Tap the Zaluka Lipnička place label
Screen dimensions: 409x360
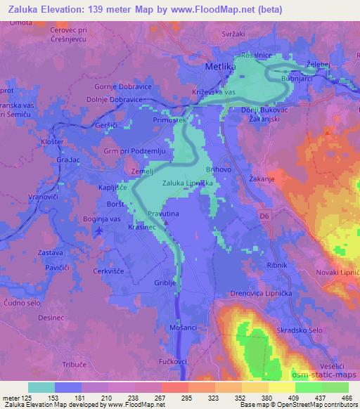(x=187, y=183)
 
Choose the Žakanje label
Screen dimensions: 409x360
(x=260, y=179)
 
